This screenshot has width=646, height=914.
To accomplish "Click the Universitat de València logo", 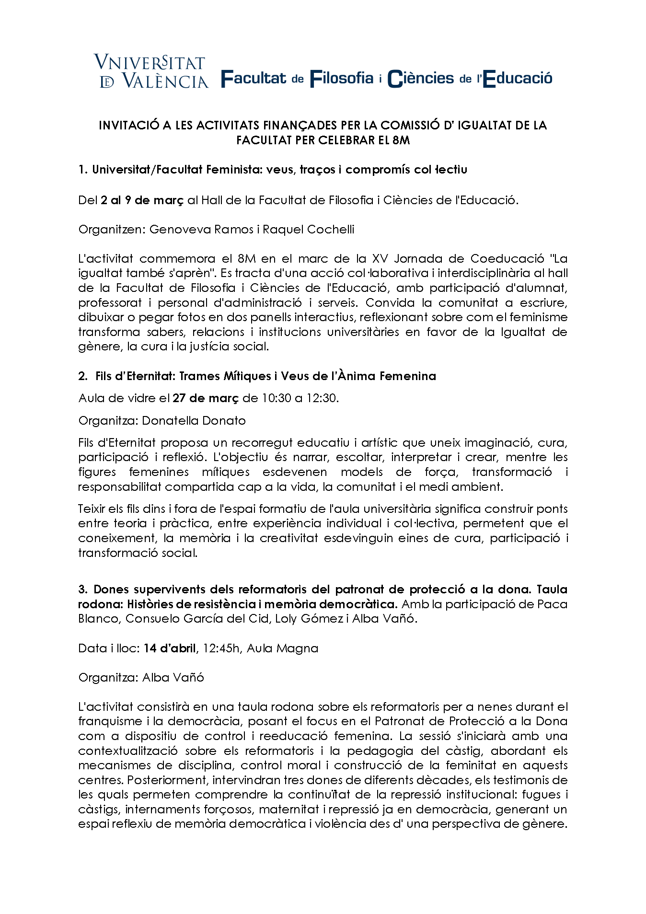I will [x=151, y=71].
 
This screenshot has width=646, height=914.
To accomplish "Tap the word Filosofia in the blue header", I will [x=342, y=78].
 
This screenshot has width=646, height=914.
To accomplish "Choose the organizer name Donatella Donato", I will [x=194, y=421].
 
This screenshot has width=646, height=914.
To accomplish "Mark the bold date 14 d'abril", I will [x=170, y=648].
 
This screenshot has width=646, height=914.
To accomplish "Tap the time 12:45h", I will [x=221, y=648].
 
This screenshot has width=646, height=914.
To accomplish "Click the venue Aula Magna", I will [x=282, y=648].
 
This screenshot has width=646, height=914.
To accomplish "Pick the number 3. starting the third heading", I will [x=83, y=590].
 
